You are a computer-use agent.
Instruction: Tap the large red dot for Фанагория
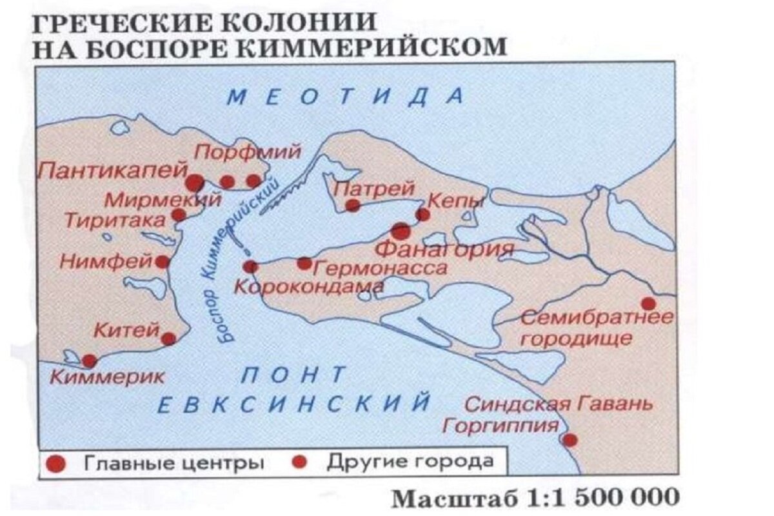401,231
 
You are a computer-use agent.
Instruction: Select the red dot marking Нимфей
163,262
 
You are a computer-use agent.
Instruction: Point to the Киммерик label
107,377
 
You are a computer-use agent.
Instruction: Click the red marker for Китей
168,339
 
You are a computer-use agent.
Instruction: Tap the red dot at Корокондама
250,266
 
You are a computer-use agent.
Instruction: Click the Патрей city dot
352,206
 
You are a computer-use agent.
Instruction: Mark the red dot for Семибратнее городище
648,303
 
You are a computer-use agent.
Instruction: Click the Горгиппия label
501,426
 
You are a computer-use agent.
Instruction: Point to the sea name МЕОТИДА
346,97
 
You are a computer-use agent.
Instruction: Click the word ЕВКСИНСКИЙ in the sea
293,404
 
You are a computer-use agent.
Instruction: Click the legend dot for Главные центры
57,463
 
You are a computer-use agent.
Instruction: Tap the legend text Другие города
410,462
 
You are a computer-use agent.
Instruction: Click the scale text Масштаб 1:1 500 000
535,497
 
